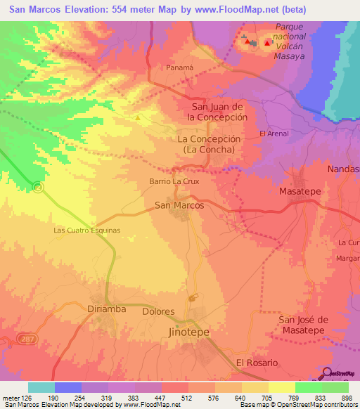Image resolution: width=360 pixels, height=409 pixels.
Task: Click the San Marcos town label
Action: click(x=179, y=205)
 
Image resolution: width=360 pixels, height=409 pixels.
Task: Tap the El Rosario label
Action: click(x=257, y=363)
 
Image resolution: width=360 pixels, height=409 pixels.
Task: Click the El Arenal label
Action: click(x=274, y=134)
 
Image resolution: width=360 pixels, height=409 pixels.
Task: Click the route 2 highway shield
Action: click(x=37, y=187)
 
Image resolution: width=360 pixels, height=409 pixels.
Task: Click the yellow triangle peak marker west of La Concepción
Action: click(x=138, y=117)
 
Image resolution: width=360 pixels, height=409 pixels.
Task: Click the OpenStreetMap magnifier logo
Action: click(x=327, y=372)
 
